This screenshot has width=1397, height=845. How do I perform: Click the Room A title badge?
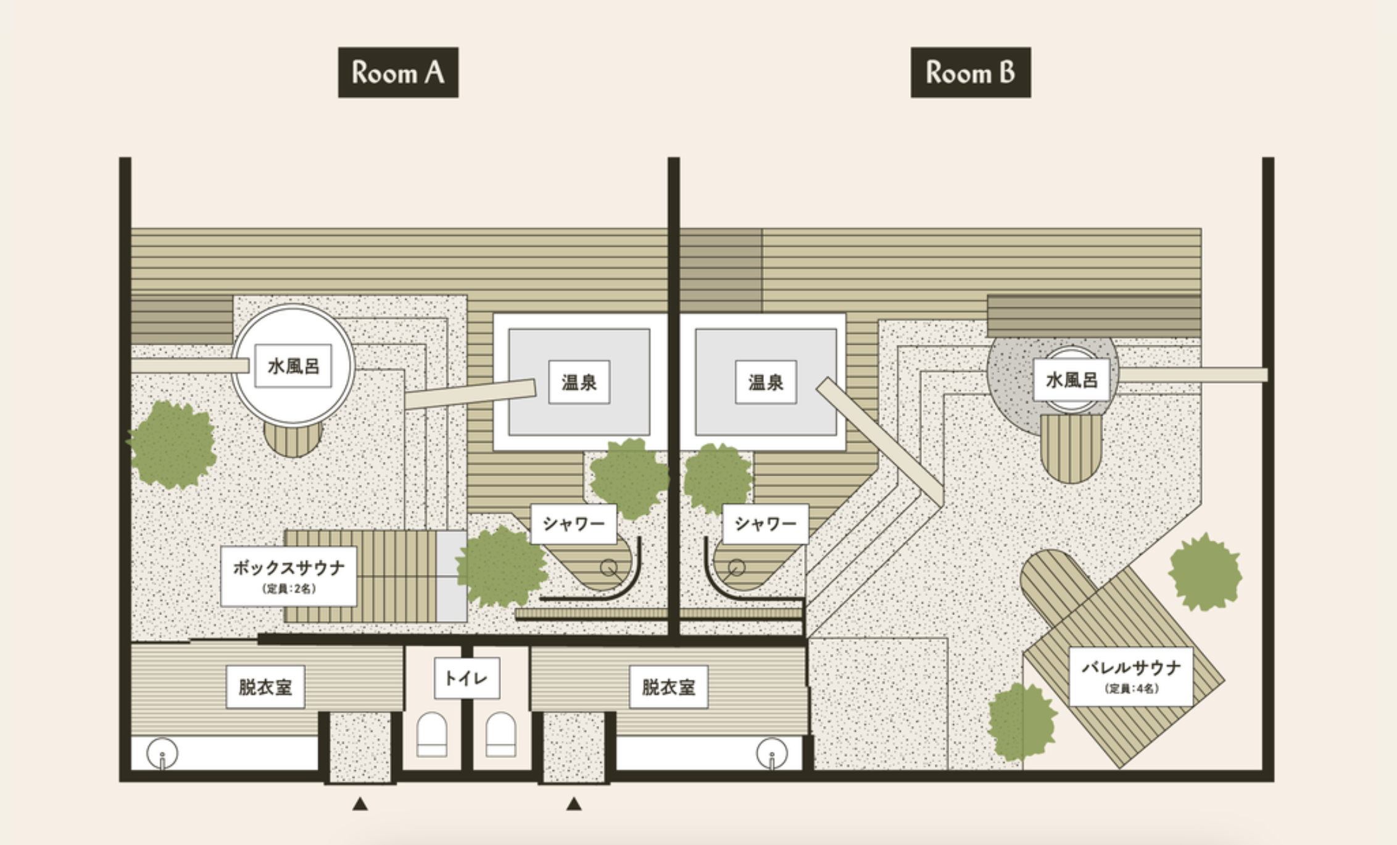(x=398, y=73)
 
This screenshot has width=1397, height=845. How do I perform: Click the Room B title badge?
(x=970, y=73)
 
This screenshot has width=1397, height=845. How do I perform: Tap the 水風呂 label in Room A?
(x=293, y=366)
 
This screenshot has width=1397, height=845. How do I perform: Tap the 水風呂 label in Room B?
(x=1071, y=380)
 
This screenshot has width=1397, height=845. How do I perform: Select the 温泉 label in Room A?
(x=579, y=382)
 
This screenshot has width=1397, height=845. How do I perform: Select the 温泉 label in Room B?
(x=766, y=382)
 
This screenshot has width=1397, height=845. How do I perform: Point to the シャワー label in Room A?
(x=573, y=524)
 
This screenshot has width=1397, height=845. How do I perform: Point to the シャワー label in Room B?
(x=765, y=524)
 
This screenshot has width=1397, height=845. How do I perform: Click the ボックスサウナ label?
(x=289, y=576)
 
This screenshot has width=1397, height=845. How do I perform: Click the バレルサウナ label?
(x=1130, y=676)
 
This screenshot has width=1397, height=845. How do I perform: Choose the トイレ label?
(x=466, y=678)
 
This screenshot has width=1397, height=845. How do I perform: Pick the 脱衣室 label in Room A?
(x=265, y=687)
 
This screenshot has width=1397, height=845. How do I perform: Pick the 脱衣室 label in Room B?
(x=668, y=687)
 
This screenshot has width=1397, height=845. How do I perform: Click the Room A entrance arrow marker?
(x=360, y=804)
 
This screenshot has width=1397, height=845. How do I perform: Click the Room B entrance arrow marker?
(x=574, y=804)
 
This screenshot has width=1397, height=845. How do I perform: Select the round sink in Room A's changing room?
(x=162, y=753)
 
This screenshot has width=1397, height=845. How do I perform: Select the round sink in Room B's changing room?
(x=772, y=753)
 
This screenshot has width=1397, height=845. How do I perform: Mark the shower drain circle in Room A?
(x=608, y=567)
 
